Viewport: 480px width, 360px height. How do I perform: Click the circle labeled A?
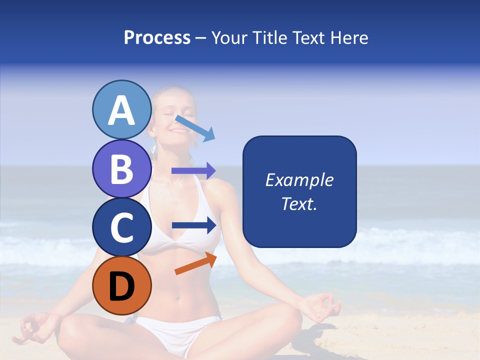tap(122, 110)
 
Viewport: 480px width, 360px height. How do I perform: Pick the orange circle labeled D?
tap(122, 285)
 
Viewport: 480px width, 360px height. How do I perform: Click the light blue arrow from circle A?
tap(195, 128)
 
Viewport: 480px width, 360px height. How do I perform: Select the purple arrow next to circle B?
tap(193, 171)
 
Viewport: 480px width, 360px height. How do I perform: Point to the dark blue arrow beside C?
tap(194, 225)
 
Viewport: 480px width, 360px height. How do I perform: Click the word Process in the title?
tap(157, 37)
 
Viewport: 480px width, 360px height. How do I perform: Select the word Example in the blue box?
tap(299, 180)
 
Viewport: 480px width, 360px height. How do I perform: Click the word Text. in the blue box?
tap(299, 203)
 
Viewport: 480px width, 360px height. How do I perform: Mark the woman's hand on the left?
tap(32, 327)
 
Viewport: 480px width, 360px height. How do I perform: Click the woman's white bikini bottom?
tap(177, 327)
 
